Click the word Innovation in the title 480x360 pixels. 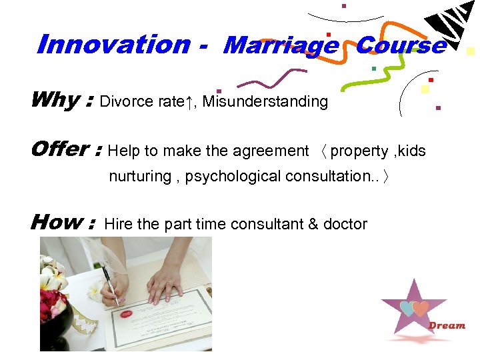coord(113,45)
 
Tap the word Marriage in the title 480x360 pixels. coord(281,45)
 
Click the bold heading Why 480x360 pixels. coord(55,100)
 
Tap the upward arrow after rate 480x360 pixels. coord(190,101)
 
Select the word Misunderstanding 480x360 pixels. coord(265,101)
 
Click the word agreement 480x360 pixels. coord(270,151)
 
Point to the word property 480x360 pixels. coord(359,151)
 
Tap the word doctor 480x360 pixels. coord(345,224)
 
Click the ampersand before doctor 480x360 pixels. coord(313,224)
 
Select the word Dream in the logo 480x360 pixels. coord(447,325)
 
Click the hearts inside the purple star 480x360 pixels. coord(414,308)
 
